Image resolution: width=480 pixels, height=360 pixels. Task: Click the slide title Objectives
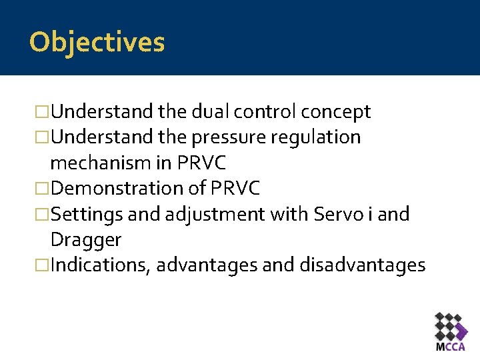97,42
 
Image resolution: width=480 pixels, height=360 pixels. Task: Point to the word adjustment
205,214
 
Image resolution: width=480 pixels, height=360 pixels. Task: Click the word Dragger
86,239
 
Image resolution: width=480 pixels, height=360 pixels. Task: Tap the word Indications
101,265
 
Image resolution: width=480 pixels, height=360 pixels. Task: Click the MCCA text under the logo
451,347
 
